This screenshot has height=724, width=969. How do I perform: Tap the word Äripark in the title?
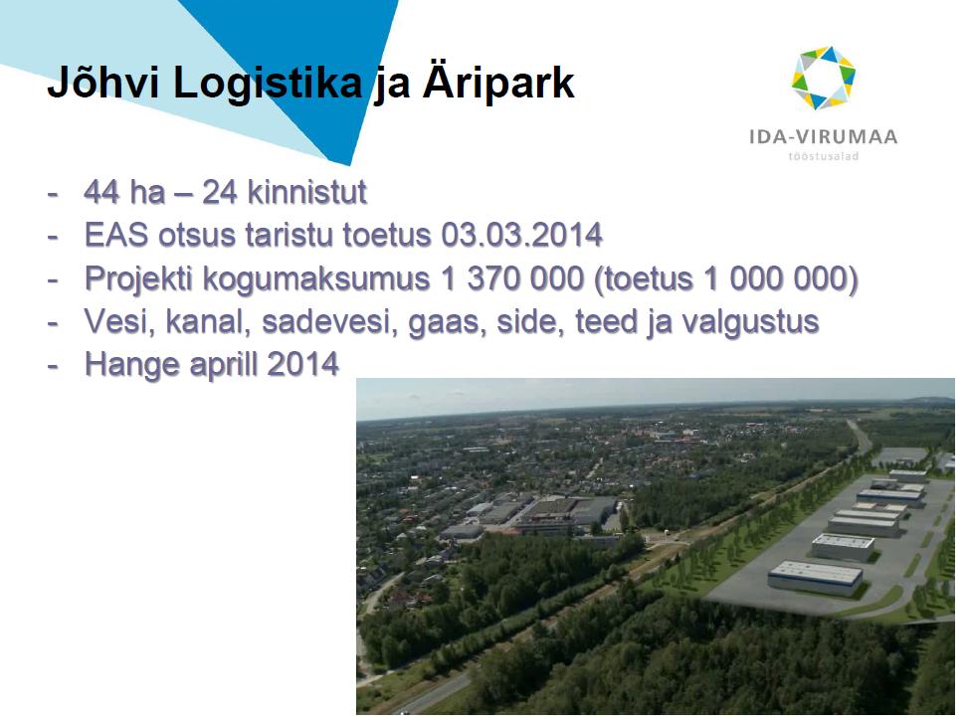498,83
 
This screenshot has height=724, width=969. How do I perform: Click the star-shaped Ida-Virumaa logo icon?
823,78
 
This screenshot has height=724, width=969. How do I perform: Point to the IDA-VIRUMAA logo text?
823,136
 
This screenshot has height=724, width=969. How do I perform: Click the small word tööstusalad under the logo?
823,156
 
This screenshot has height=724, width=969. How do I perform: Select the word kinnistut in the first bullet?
307,192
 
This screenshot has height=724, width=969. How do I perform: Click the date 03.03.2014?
522,235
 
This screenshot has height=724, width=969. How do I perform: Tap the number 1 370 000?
512,278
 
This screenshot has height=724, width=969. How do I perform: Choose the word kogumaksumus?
315,279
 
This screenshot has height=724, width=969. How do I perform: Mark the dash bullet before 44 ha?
53,193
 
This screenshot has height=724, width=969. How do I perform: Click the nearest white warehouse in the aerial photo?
815,578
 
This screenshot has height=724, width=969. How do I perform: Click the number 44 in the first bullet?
101,192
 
